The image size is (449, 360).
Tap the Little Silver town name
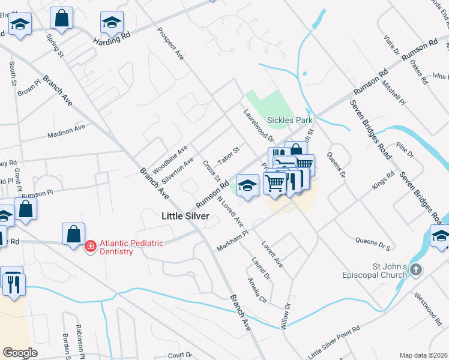(x=185, y=216)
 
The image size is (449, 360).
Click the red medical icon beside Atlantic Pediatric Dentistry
(x=90, y=246)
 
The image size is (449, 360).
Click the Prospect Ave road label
(x=170, y=44)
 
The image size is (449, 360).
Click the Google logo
(x=20, y=353)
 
